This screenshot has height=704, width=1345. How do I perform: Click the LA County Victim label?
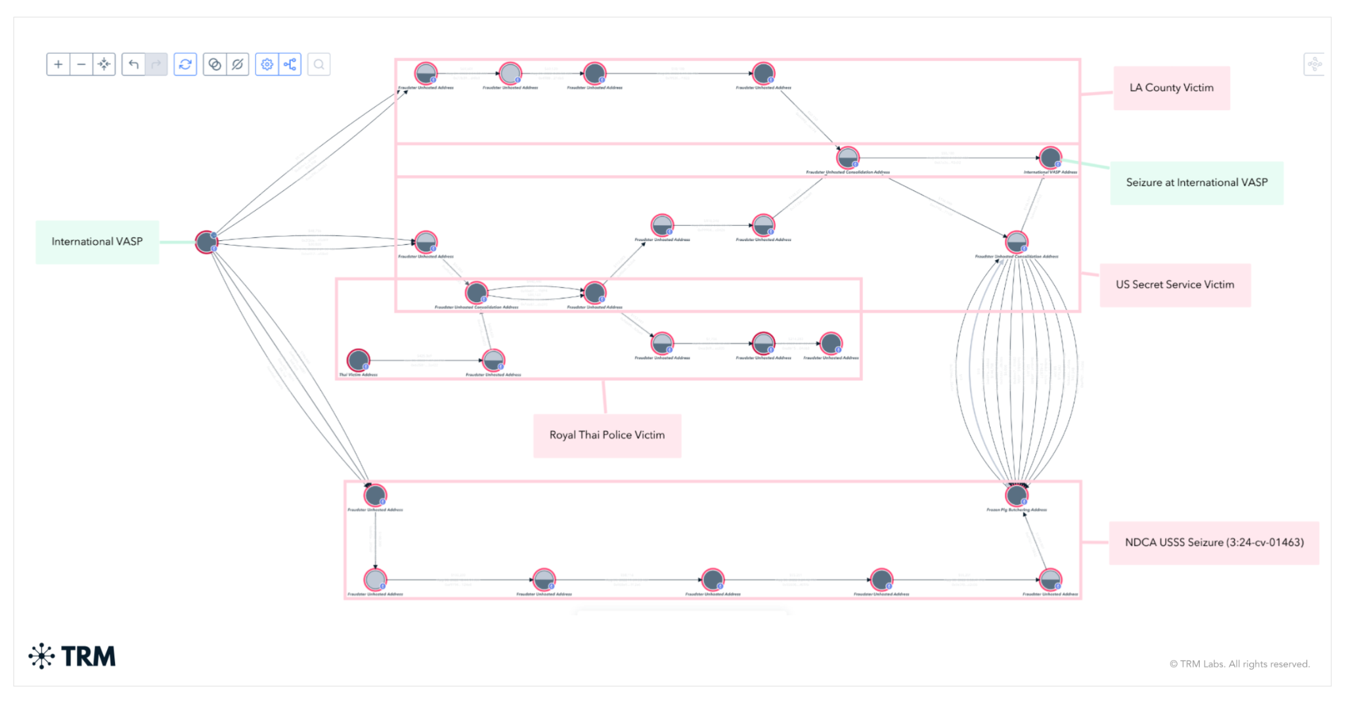(1171, 88)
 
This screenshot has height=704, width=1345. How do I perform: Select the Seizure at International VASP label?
(1196, 183)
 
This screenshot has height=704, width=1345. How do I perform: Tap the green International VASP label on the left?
(97, 242)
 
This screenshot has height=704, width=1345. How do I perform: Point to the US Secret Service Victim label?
(1174, 285)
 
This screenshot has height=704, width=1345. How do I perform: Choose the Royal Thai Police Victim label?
(607, 435)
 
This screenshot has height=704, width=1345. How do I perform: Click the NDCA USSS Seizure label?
(1214, 542)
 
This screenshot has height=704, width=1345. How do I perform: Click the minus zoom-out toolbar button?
(81, 64)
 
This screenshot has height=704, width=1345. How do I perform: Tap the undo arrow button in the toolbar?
(134, 64)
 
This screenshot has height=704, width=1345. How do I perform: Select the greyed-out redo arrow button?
(156, 64)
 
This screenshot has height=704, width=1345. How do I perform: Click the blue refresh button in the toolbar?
(185, 64)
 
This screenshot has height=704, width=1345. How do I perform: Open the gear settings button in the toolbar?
(267, 64)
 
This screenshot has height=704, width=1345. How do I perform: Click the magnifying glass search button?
(319, 64)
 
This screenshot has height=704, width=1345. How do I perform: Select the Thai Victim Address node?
(359, 360)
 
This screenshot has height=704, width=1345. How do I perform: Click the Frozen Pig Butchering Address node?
(1017, 495)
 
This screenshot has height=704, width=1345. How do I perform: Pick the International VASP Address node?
(1050, 158)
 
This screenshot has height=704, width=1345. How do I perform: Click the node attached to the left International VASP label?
(206, 242)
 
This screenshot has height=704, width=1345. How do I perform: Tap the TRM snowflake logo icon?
(41, 655)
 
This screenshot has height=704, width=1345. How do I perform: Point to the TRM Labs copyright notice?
(1239, 664)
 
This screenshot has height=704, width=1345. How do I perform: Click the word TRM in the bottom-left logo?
(88, 656)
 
